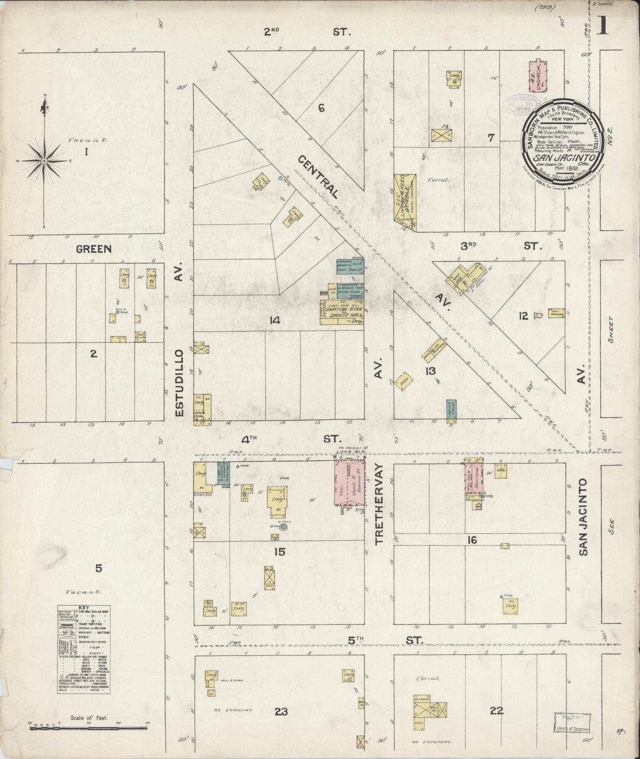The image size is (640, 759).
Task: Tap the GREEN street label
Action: (93, 249)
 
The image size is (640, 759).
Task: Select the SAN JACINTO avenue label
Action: (583, 516)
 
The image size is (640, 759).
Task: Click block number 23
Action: (281, 712)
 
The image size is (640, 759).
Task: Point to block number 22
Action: (496, 711)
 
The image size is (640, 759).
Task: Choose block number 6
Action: (322, 108)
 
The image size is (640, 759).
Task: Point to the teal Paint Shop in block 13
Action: (451, 412)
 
